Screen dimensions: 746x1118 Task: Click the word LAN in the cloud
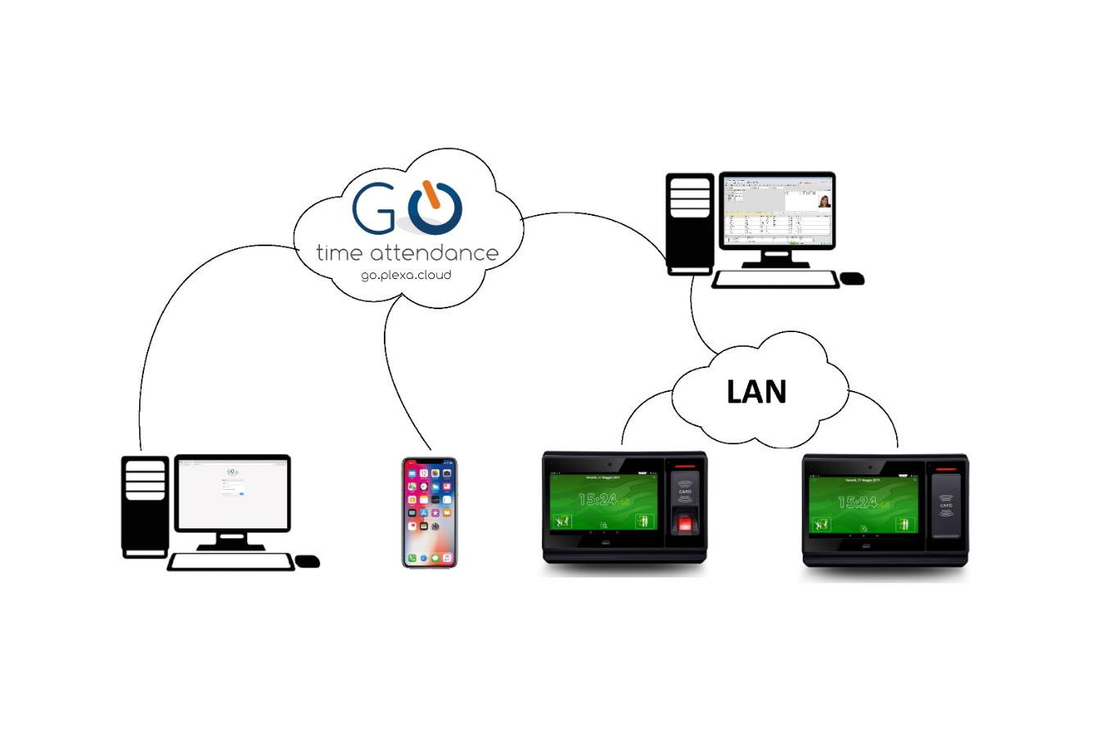756,392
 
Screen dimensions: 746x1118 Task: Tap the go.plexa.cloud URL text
406,275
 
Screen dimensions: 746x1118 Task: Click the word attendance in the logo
434,253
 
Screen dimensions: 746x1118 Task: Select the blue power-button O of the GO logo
435,208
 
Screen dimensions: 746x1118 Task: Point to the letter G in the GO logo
375,209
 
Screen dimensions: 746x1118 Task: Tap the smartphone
429,513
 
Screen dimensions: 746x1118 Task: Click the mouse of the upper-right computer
853,278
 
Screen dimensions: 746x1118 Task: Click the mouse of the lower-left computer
307,561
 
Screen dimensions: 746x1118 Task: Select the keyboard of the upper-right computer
775,280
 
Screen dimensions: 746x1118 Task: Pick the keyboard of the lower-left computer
231,562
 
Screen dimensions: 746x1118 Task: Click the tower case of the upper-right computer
690,222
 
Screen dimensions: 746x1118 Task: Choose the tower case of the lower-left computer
145,506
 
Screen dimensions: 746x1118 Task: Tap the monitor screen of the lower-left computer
232,492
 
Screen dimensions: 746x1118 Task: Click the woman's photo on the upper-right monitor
823,200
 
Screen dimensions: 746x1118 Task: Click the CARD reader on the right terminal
945,505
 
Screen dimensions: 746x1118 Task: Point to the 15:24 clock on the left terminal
598,499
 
